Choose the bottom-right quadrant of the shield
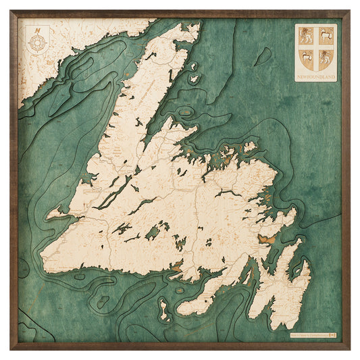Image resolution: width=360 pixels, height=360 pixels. click(325, 55)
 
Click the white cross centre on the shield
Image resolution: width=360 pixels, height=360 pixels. click(316, 45)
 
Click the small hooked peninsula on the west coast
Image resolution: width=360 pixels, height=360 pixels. click(57, 214)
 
